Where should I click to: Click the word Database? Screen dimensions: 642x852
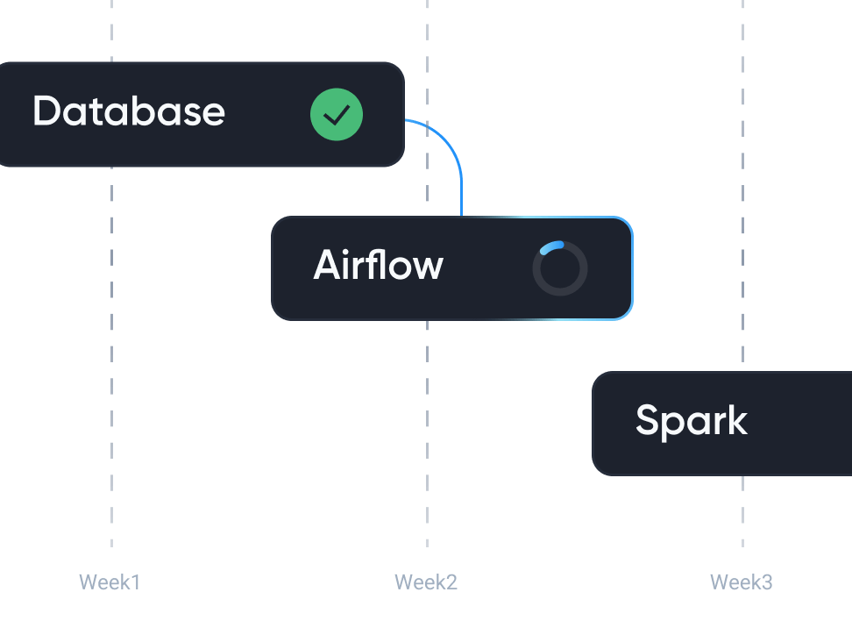tap(129, 112)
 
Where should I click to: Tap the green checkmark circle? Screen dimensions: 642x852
tap(337, 115)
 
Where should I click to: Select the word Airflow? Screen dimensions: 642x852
tap(379, 265)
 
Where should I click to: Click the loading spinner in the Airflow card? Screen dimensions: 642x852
tap(560, 267)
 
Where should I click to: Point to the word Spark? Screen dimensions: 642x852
tap(692, 421)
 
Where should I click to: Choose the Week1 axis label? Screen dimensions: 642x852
tap(110, 581)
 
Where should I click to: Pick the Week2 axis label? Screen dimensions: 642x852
tap(426, 581)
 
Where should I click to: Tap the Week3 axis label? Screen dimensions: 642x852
tap(742, 581)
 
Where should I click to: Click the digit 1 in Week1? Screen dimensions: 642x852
tap(135, 581)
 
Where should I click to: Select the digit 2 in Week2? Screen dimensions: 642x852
tap(451, 581)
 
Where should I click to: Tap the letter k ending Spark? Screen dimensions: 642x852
tap(737, 421)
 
